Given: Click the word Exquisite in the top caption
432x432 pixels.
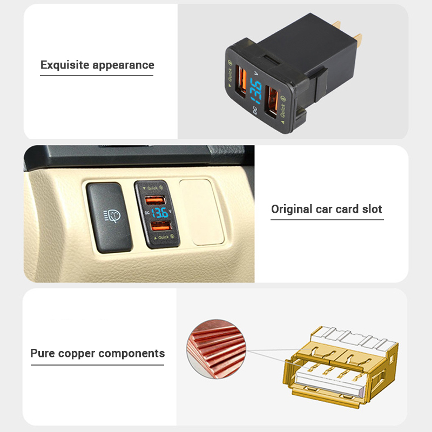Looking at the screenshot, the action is pos(65,65).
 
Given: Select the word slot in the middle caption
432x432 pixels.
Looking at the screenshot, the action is pos(372,209).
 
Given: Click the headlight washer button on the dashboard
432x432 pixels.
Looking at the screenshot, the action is pos(110,218).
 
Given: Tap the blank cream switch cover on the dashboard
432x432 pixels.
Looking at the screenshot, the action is pos(201,212).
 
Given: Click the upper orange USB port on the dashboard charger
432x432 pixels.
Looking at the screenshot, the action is pos(155,200).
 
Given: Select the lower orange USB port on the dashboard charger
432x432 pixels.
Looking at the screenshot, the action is pos(161,226).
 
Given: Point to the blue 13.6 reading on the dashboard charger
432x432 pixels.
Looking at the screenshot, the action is pos(159,213).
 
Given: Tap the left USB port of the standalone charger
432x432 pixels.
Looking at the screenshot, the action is pos(241,82).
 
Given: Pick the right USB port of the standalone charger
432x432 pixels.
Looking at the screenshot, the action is pos(271,102).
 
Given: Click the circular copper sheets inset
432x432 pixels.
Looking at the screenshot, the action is pos(217,349).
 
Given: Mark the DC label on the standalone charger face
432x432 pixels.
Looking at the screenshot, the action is pos(255,110).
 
